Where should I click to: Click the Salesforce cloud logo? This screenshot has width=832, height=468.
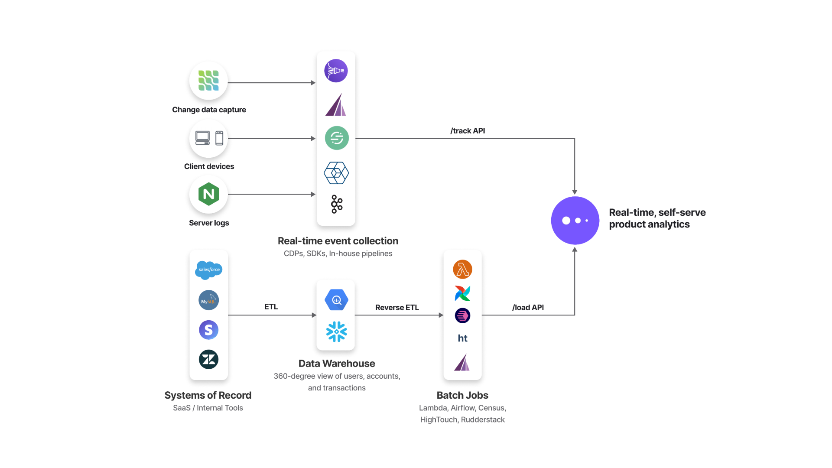tap(208, 270)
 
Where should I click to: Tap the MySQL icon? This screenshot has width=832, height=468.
tap(208, 300)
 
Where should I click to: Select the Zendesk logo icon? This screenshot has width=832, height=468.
tap(208, 359)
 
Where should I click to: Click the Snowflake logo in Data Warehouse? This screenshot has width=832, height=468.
tap(336, 331)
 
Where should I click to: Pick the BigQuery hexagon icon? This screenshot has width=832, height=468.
tap(336, 300)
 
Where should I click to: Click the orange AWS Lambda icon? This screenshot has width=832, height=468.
tap(462, 269)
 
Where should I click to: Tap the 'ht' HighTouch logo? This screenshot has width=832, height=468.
tap(462, 338)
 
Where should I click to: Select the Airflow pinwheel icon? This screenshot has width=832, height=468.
tap(462, 293)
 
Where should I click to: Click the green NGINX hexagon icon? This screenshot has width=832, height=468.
tap(208, 194)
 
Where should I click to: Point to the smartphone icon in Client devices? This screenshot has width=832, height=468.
tap(219, 138)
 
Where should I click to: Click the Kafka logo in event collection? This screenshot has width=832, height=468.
tap(336, 204)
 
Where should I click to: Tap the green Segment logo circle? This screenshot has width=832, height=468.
tap(337, 138)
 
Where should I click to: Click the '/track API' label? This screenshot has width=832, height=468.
tap(468, 131)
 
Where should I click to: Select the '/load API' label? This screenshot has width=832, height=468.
tap(528, 307)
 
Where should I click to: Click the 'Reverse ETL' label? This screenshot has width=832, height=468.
tap(397, 307)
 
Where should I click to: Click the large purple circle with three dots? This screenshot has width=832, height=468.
tap(575, 220)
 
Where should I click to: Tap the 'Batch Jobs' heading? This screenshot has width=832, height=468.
tap(462, 395)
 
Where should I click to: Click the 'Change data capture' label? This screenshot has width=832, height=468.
tap(209, 110)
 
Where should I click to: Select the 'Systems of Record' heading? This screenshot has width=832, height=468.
tap(208, 395)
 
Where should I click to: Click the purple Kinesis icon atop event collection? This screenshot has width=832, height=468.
tap(336, 71)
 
